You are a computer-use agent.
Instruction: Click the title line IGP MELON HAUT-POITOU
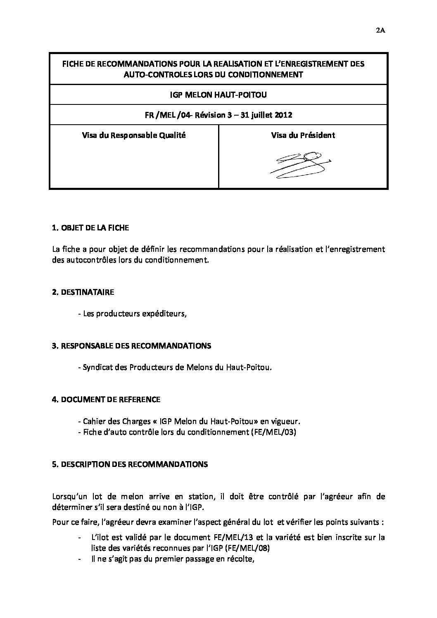point(218,95)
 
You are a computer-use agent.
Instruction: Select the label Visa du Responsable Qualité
point(134,135)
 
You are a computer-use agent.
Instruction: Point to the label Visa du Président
point(303,135)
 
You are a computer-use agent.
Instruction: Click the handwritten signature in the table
point(301,165)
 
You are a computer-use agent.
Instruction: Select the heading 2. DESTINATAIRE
point(83,292)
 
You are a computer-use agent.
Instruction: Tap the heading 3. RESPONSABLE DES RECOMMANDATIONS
point(131,346)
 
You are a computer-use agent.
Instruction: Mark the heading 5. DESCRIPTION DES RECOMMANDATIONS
point(130,464)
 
